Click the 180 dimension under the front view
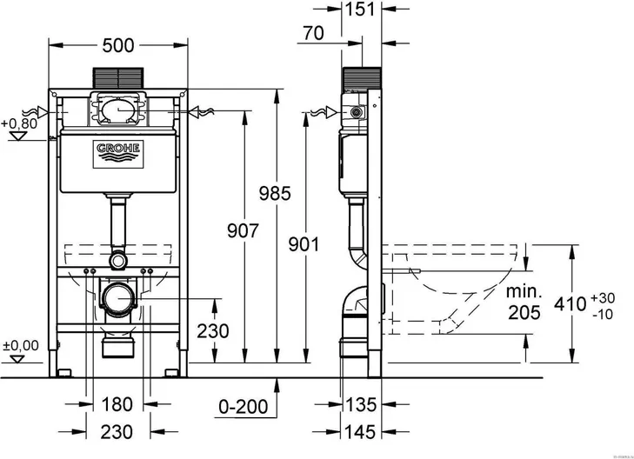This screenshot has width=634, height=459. coord(115,404)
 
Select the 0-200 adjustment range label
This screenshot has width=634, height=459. coord(244,405)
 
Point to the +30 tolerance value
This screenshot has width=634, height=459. coord(607,296)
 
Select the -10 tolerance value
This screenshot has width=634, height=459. coord(606,313)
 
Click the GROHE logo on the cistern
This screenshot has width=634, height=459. coord(118,153)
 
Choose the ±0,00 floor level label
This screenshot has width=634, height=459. coord(21,346)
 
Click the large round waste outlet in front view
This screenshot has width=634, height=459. coord(117,298)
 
